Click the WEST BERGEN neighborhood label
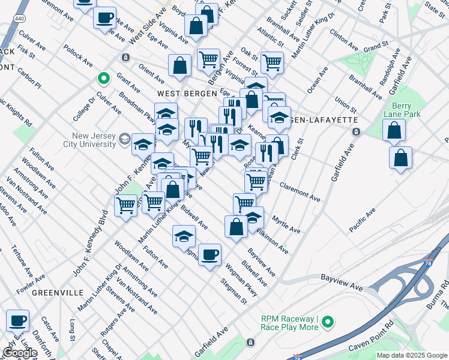click(182, 94)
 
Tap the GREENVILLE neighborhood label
click(58, 292)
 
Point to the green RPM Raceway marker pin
click(328, 322)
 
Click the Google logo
click(20, 353)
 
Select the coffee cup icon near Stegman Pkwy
click(209, 254)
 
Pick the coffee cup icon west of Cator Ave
click(17, 320)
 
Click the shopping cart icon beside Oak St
click(272, 61)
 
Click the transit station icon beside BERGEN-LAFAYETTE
click(355, 131)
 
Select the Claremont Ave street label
click(300, 192)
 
